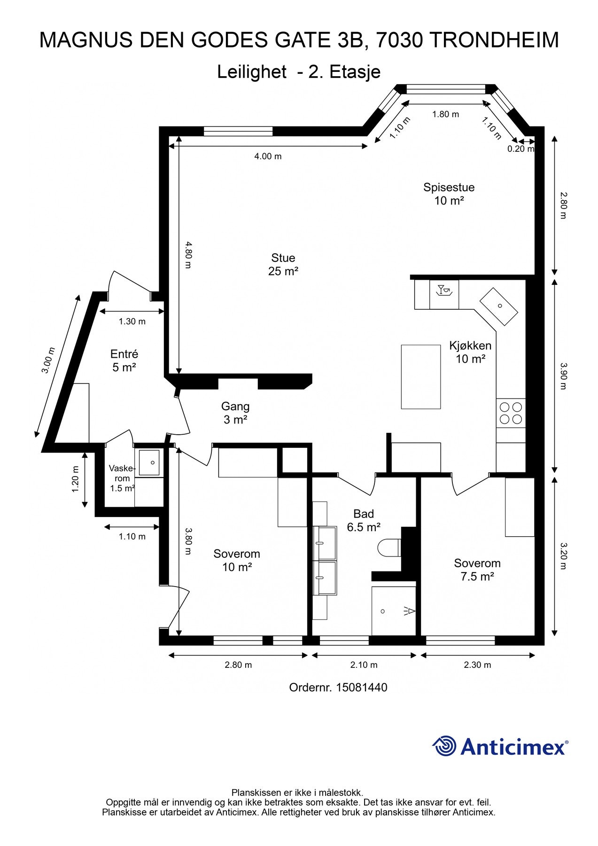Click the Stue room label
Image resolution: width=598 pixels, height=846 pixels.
283,265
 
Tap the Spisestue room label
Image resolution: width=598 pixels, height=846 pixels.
449,194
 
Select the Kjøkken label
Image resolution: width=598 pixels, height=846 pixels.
470,352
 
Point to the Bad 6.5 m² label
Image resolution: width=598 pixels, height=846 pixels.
364,520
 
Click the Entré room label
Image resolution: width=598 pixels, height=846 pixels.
124,360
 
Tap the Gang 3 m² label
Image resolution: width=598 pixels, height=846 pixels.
235,413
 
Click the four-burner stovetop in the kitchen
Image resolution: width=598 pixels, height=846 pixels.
511,413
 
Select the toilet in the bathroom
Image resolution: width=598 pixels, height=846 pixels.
389,548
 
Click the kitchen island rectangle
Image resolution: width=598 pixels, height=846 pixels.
421,376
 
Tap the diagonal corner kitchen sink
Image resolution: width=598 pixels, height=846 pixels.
498,306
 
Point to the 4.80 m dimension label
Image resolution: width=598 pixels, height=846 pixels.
188,255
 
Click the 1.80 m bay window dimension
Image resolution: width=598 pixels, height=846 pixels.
445,114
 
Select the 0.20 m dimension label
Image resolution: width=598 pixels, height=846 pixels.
520,149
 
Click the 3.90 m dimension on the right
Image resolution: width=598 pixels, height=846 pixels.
563,376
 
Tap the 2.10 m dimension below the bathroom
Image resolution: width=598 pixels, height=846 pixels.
364,665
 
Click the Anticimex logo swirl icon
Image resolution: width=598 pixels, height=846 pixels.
444,746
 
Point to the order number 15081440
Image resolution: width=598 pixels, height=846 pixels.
338,688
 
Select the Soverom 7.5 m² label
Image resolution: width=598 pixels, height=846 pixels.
477,570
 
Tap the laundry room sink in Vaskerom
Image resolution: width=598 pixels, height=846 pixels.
149,462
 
